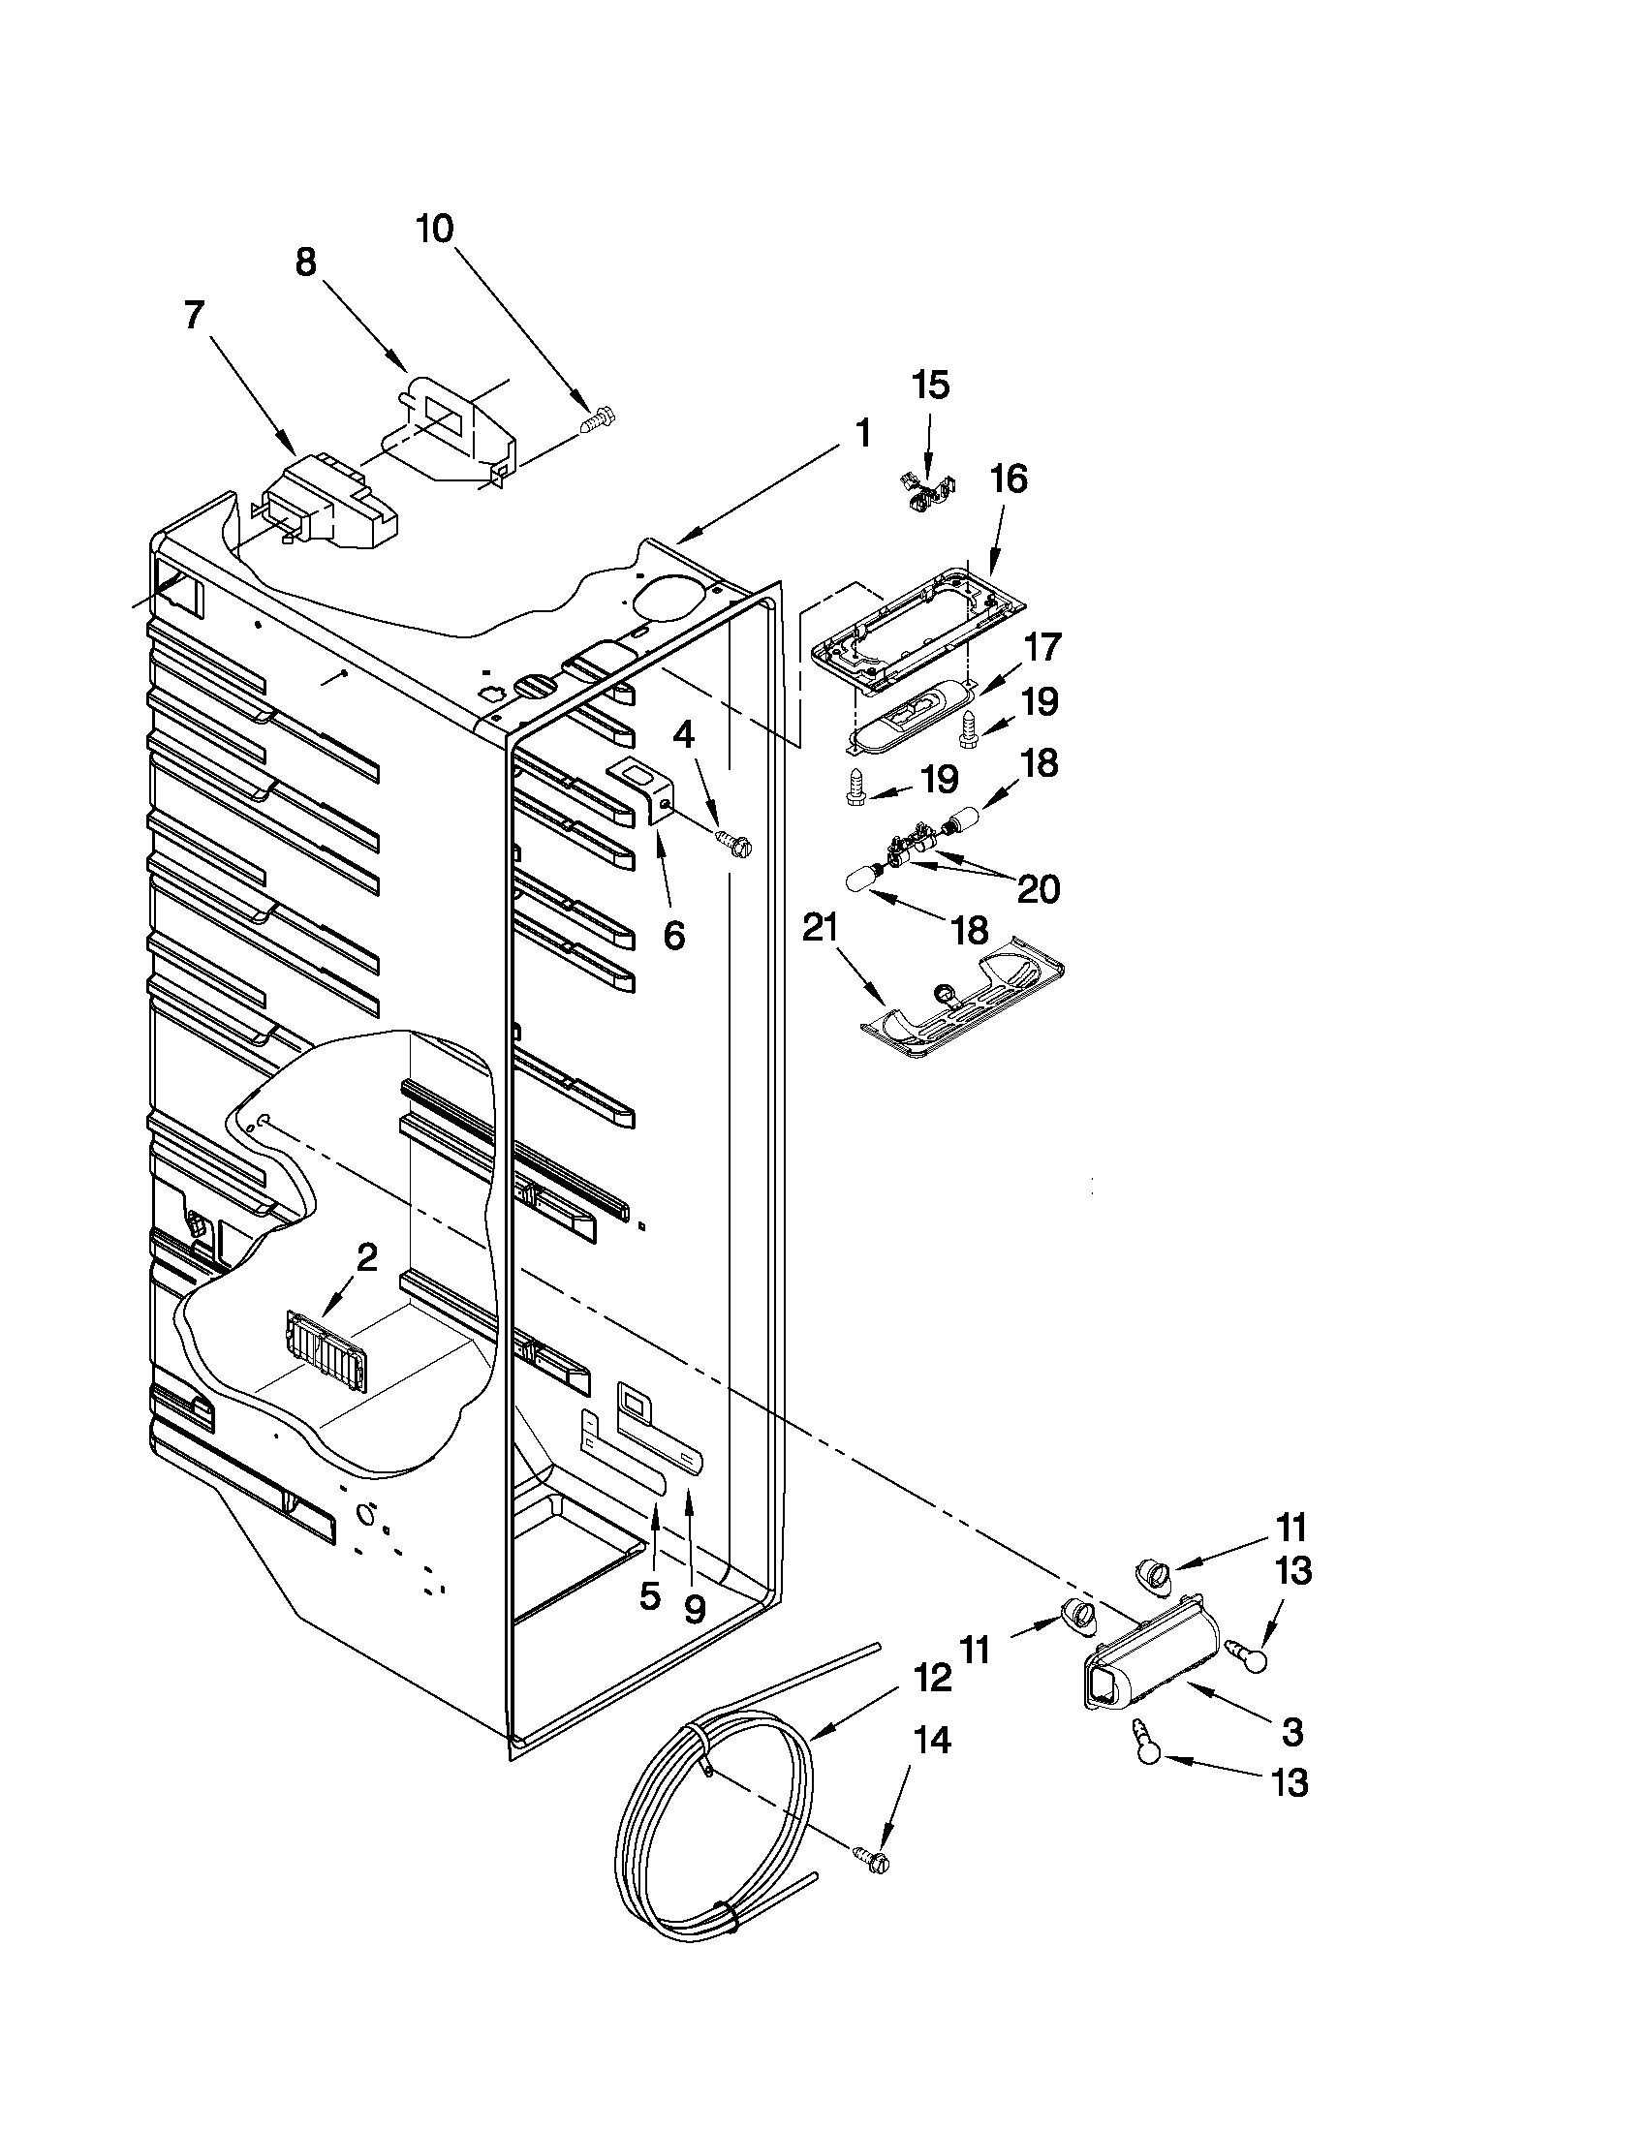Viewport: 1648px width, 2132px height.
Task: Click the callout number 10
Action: tap(434, 230)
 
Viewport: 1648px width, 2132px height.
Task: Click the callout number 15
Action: tap(930, 386)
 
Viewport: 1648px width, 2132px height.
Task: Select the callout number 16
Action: tap(1009, 479)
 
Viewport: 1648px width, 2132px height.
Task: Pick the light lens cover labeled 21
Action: tap(962, 1000)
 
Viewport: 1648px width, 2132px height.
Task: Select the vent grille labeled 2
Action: tap(324, 1348)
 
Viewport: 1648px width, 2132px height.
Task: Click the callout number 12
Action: tap(931, 1678)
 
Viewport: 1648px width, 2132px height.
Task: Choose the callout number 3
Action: tap(1291, 1734)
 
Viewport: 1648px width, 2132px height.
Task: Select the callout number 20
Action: tap(1038, 889)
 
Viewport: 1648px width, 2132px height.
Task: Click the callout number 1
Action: tap(862, 433)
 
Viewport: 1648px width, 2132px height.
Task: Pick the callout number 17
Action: tap(1042, 648)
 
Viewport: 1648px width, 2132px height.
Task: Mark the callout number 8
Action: tap(305, 262)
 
